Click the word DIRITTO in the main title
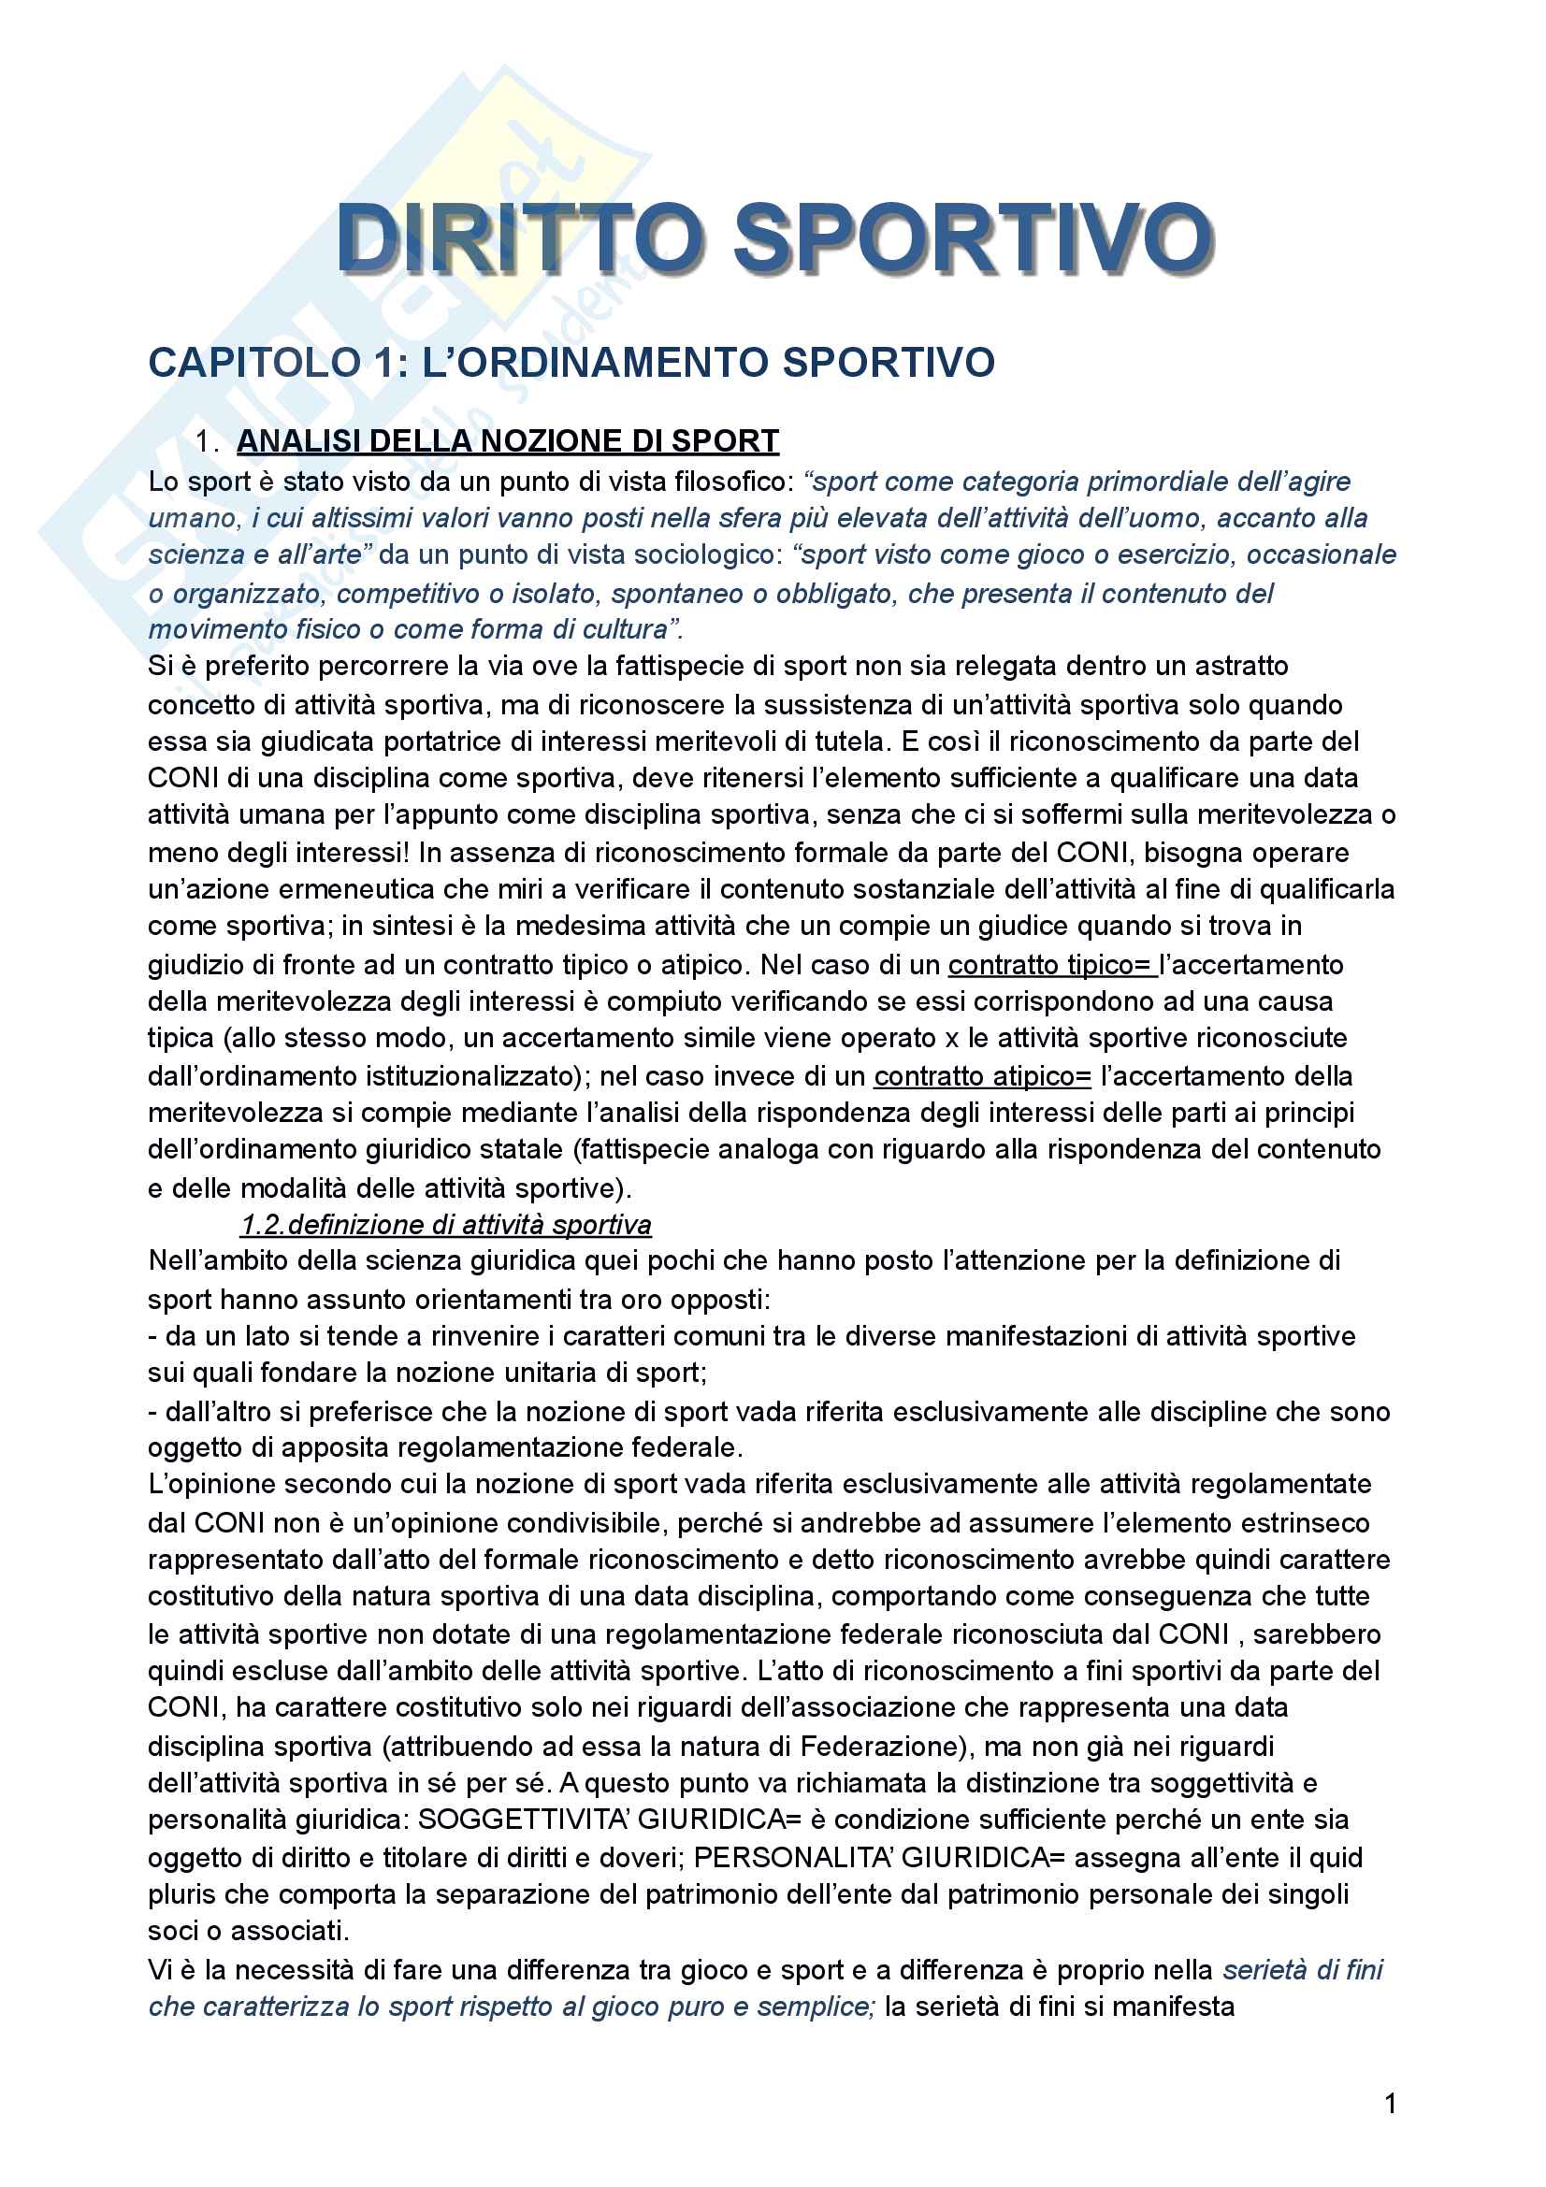tap(520, 238)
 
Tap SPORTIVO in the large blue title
tap(973, 238)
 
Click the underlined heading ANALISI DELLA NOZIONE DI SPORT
tap(508, 441)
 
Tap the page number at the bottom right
tap(1391, 2103)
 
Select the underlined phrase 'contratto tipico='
tap(1050, 965)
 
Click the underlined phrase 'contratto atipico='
tap(982, 1076)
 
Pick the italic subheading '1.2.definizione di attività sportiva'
tap(446, 1225)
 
